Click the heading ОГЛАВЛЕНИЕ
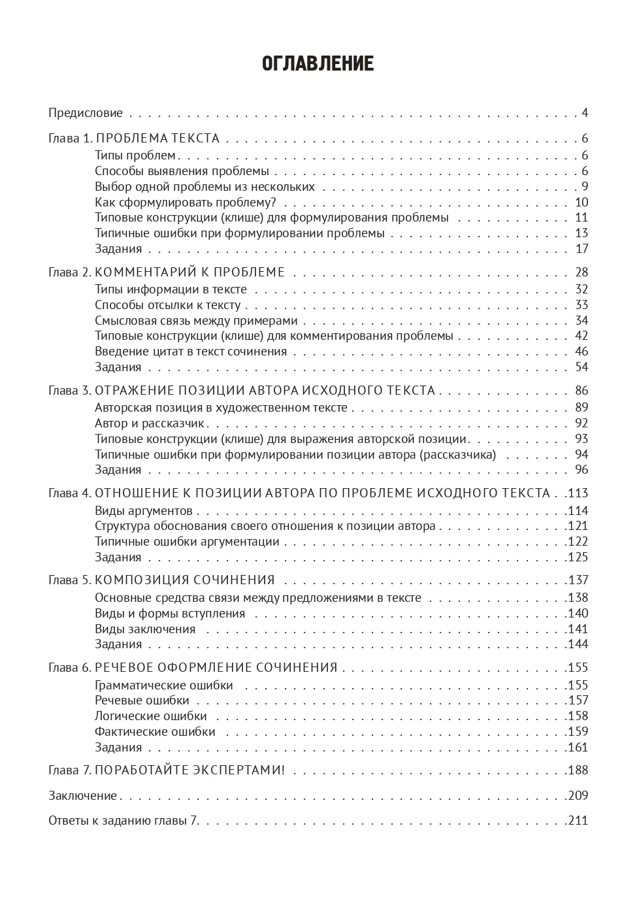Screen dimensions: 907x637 [x=318, y=64]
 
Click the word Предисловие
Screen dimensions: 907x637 [x=86, y=113]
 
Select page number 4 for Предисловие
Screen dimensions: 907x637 [x=585, y=113]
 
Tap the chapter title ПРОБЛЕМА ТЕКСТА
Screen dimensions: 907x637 [x=157, y=139]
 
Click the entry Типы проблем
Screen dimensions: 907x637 [x=135, y=156]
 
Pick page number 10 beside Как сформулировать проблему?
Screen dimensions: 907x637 [x=581, y=203]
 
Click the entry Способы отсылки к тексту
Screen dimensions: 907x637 [x=168, y=305]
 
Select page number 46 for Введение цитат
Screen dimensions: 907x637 [x=581, y=352]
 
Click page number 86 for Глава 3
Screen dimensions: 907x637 [x=581, y=391]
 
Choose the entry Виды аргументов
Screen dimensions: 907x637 [x=144, y=511]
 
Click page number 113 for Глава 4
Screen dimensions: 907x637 [x=578, y=493]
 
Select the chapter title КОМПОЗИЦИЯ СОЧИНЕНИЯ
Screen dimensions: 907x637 [x=185, y=580]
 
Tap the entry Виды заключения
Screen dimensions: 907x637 [x=145, y=629]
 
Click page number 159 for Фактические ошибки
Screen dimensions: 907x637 [x=578, y=732]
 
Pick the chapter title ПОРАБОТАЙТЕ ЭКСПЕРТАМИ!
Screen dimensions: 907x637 [x=190, y=770]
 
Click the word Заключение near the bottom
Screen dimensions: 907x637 [x=82, y=796]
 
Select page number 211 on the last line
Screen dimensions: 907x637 [x=578, y=821]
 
